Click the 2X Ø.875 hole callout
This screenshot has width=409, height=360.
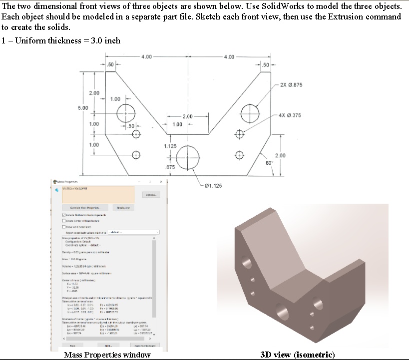pyautogui.click(x=291, y=84)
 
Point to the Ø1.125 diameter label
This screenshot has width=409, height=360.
pyautogui.click(x=212, y=186)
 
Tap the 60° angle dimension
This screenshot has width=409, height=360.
pyautogui.click(x=268, y=163)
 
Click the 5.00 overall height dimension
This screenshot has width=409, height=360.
pyautogui.click(x=82, y=108)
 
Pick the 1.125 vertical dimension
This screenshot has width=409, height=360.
pyautogui.click(x=170, y=146)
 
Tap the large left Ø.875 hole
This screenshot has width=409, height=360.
pyautogui.click(x=126, y=112)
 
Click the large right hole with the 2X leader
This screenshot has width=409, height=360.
pyautogui.click(x=250, y=112)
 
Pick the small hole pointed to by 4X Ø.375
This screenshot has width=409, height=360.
pyautogui.click(x=240, y=133)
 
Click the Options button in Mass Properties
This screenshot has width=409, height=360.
pyautogui.click(x=151, y=195)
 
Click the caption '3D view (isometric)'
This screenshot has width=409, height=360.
pyautogui.click(x=298, y=355)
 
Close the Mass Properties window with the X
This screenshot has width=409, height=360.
pyautogui.click(x=161, y=181)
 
